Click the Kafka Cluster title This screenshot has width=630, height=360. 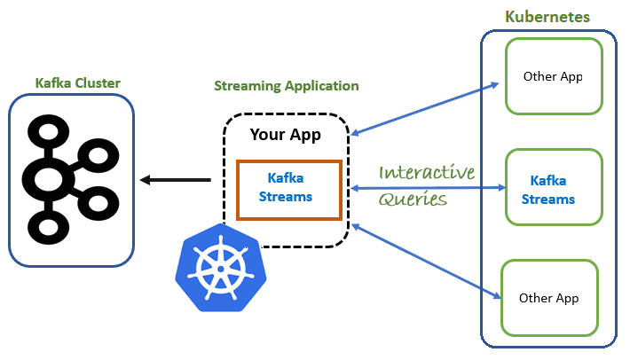coord(77,83)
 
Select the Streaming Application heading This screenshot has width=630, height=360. coord(286,86)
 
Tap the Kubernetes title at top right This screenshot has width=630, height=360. coord(547,17)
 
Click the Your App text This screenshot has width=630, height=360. coord(285,135)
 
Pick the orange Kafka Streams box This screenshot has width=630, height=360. coord(288,189)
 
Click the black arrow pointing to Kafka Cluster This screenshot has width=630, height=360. coord(175,180)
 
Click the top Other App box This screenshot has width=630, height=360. coord(552,76)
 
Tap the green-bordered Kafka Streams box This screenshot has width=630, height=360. coord(550,189)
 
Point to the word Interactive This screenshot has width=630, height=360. coord(426,173)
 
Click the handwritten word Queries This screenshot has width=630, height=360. coord(413,200)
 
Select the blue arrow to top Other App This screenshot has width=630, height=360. coord(424,109)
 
